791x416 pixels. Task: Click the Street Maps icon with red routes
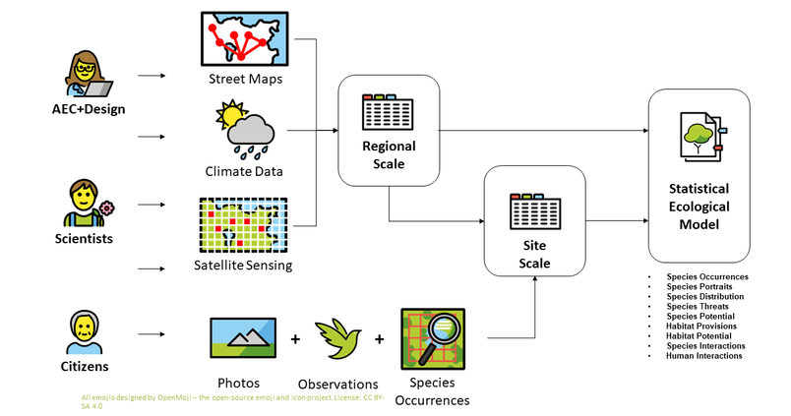coord(245,38)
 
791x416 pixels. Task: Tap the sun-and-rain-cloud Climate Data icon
coord(245,129)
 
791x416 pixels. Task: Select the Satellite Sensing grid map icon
coord(244,225)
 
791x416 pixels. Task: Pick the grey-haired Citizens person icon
coord(85,332)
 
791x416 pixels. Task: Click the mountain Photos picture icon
coord(243,338)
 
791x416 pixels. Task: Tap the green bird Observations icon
coord(338,338)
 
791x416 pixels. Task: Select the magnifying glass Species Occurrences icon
coord(433,339)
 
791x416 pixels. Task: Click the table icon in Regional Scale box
coord(388,111)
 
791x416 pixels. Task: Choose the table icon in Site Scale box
coord(535,211)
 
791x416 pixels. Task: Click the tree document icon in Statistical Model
coord(703,137)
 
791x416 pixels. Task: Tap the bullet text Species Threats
coord(698,307)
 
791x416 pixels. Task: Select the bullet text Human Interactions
coord(704,356)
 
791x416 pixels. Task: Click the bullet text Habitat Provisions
coord(701,327)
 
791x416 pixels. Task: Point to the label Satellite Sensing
coord(243,266)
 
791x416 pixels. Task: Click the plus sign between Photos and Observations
coord(295,339)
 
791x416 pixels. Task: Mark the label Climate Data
coord(244,171)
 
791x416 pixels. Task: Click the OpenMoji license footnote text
coord(233,401)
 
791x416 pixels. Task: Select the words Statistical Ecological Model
coord(700,207)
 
